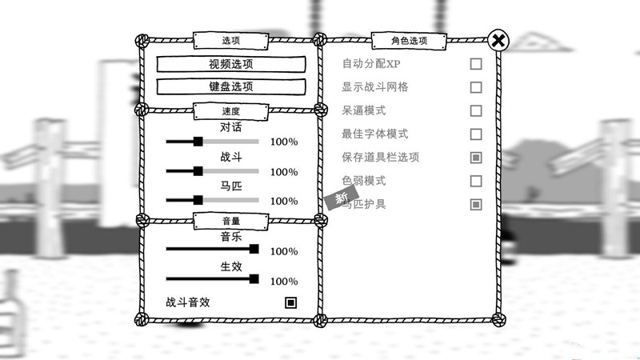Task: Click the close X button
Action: point(498,40)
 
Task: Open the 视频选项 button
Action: point(230,65)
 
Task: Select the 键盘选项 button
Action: point(230,86)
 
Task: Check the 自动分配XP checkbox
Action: point(476,64)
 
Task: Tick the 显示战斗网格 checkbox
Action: point(476,87)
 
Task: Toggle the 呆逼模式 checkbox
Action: point(476,110)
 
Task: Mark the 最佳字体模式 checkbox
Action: point(476,134)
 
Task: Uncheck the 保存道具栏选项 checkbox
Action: point(476,158)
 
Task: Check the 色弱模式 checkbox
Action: point(476,181)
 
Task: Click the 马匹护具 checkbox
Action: point(476,204)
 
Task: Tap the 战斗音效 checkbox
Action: point(290,302)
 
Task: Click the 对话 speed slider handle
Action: point(198,142)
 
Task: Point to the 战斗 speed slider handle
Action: point(198,171)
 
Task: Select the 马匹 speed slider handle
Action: point(198,200)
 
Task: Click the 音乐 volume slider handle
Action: point(254,250)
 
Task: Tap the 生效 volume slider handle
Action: point(254,279)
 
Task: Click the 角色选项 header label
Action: point(409,40)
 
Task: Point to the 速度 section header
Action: point(230,110)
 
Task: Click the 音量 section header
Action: point(230,220)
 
